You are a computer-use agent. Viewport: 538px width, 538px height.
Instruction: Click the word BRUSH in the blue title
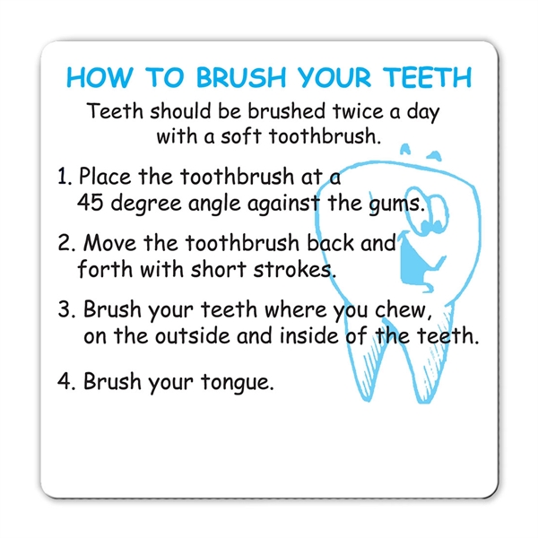[241, 77]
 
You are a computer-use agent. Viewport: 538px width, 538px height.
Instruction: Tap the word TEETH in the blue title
[429, 77]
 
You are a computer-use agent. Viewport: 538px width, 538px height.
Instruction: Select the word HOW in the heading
[100, 77]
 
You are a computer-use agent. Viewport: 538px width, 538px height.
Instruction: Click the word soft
[241, 136]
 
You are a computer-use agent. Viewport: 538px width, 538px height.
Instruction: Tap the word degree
[146, 204]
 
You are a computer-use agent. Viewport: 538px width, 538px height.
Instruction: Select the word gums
[395, 204]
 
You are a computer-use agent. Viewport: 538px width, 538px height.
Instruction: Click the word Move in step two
[109, 243]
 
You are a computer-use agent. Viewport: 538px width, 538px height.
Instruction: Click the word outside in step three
[192, 334]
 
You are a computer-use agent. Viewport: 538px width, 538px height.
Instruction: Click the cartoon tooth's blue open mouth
[413, 260]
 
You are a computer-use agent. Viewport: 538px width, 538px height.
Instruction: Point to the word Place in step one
[105, 176]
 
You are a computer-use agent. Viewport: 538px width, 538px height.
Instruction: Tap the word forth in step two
[105, 269]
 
